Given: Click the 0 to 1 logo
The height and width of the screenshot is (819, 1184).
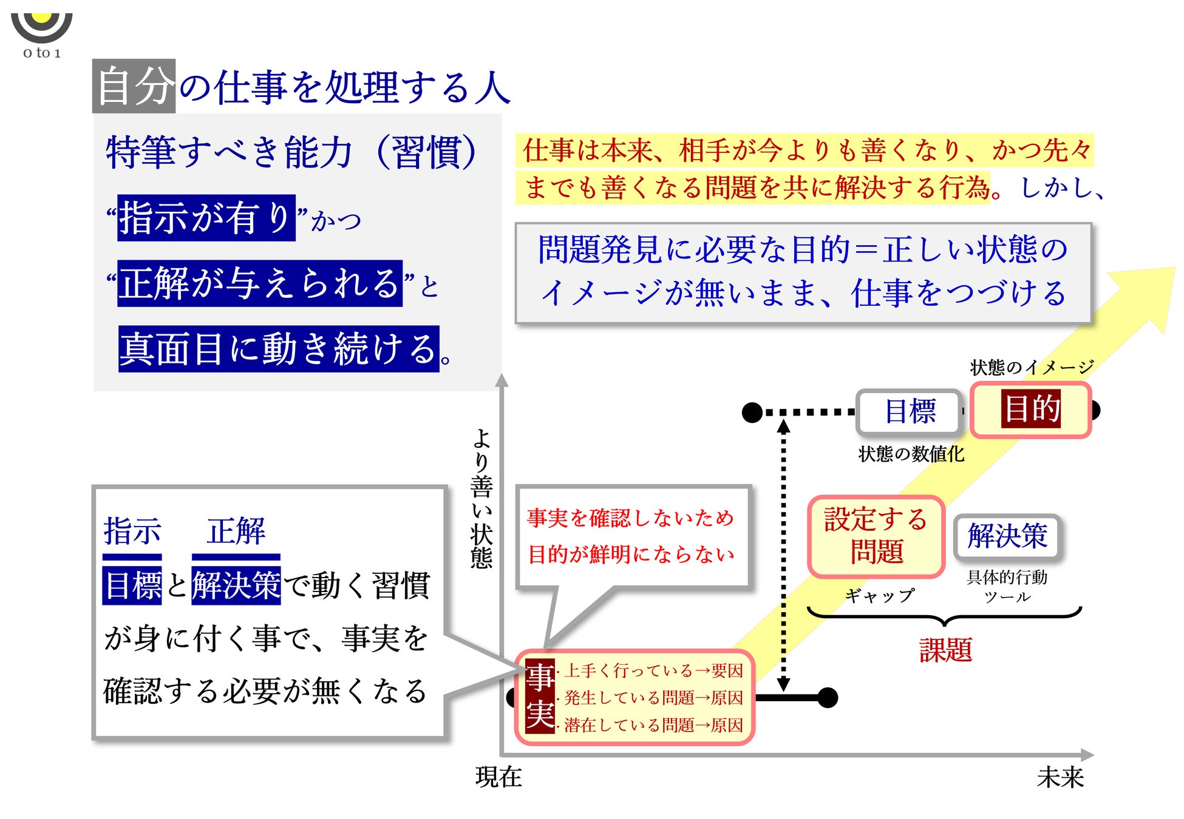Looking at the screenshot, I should [41, 33].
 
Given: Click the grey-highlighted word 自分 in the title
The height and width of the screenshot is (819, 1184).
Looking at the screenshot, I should [134, 86].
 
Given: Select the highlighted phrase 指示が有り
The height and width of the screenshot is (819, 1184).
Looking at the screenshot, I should [206, 218].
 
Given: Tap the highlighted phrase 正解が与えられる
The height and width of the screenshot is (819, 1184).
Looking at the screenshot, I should [259, 283].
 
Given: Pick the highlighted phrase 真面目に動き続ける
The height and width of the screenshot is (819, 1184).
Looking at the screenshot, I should [278, 349].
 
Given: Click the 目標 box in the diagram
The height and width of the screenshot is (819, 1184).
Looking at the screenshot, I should [909, 411].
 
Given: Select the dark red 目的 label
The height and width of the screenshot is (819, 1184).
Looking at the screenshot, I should [1030, 409].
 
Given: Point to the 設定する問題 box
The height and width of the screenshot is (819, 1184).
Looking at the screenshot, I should [876, 536].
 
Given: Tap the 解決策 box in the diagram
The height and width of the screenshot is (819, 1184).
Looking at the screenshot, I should [1007, 536].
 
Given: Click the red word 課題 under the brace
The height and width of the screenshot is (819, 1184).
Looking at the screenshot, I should [945, 650].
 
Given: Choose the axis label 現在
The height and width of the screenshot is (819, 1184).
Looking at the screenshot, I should [498, 777].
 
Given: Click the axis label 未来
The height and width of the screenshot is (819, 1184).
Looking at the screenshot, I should [1060, 777].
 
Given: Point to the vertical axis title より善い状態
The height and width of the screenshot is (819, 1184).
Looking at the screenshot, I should [481, 497].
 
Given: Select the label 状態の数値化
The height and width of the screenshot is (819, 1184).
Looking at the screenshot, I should [911, 454].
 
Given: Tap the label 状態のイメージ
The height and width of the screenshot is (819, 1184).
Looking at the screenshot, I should [1032, 367].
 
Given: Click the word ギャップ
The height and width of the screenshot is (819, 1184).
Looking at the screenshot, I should [879, 596].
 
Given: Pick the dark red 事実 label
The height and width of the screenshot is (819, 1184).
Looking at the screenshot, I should [540, 696].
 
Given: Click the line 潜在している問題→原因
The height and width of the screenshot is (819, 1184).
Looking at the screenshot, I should [653, 725].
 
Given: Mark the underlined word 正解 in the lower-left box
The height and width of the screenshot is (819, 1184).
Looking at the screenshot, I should [236, 531].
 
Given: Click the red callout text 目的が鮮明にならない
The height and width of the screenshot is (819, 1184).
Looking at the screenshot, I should [631, 554].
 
